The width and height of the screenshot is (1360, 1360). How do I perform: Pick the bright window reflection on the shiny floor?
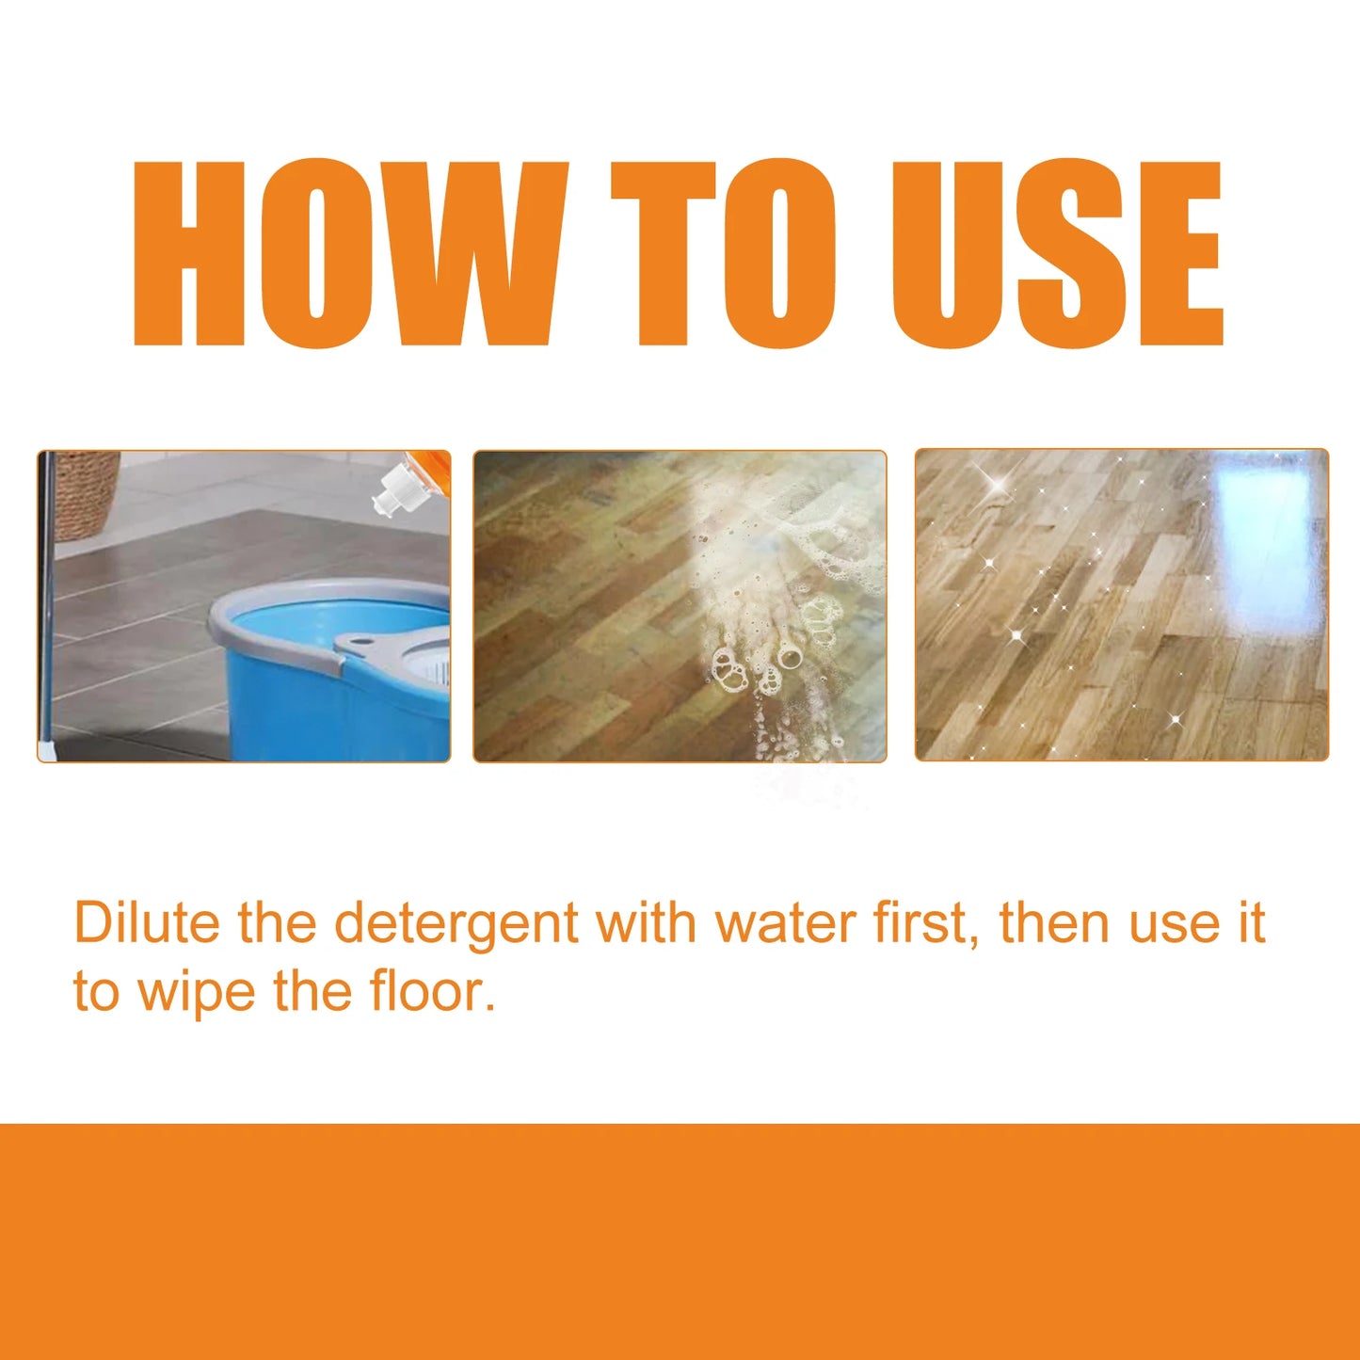click(1266, 527)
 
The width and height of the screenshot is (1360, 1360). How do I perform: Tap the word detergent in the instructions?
click(456, 924)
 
